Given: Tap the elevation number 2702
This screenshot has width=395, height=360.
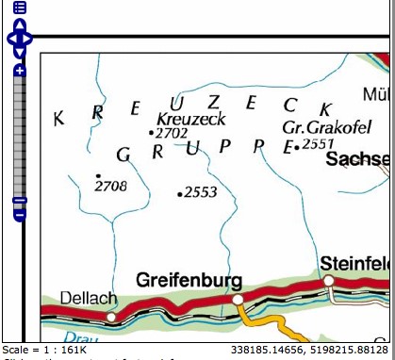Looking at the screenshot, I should click(172, 134).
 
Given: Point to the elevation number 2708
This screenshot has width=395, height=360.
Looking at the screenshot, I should click(111, 187).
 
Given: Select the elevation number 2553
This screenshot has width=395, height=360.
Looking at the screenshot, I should click(201, 192).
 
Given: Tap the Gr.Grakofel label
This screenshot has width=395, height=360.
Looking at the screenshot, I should click(321, 126).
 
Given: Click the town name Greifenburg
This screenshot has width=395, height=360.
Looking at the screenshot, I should click(189, 280).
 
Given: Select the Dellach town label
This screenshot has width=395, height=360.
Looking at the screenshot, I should click(89, 298).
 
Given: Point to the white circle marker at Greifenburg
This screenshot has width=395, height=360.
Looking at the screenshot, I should click(239, 299).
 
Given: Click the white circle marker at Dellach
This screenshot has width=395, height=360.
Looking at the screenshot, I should click(111, 317).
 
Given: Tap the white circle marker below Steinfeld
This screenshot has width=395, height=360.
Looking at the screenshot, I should click(328, 281).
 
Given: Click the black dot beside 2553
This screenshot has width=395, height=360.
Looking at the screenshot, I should click(180, 193).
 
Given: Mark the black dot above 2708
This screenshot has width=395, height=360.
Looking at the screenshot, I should click(98, 175).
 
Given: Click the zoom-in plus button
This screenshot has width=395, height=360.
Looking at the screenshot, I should click(20, 71).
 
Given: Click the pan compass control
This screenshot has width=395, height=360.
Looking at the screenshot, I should click(20, 39).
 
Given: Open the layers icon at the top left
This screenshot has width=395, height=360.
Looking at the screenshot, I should click(20, 7).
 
